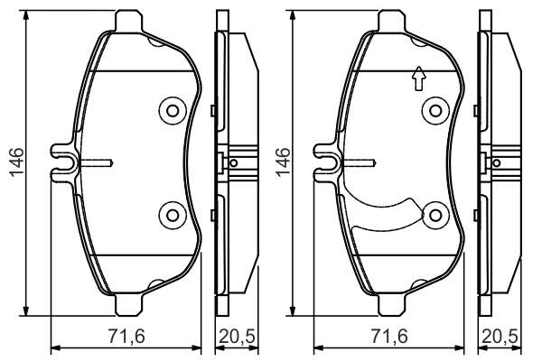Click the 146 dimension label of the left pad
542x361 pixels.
point(16,162)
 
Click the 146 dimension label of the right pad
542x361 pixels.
point(283,162)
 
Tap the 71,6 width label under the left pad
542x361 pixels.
point(126,336)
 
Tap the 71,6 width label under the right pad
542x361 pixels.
point(389,336)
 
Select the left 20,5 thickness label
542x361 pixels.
point(238,336)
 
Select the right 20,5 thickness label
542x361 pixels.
point(500,336)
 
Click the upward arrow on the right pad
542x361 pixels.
point(419,79)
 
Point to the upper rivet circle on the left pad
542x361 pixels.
point(173,111)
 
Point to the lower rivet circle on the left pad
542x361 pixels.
point(173,215)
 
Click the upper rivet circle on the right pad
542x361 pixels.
point(435,111)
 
